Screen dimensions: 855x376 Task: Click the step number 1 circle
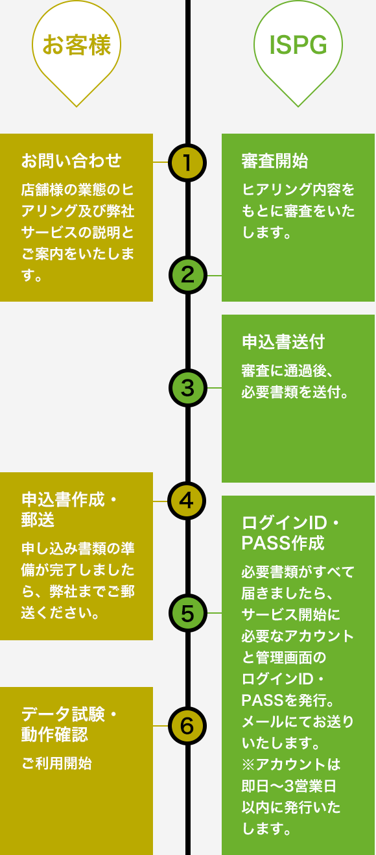pyautogui.click(x=187, y=162)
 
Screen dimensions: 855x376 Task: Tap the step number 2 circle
pyautogui.click(x=187, y=275)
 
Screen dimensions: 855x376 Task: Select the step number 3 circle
pyautogui.click(x=187, y=388)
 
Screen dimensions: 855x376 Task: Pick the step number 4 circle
pyautogui.click(x=187, y=501)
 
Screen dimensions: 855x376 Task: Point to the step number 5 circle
pyautogui.click(x=187, y=613)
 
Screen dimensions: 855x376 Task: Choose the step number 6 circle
pyautogui.click(x=187, y=726)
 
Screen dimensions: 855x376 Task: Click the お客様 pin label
pyautogui.click(x=76, y=45)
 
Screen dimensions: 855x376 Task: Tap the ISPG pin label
pyautogui.click(x=298, y=45)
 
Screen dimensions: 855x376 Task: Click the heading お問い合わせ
pyautogui.click(x=71, y=160)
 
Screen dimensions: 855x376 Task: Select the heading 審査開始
pyautogui.click(x=275, y=161)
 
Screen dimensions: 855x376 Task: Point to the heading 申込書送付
pyautogui.click(x=283, y=342)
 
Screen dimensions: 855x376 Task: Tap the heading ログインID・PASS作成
pyautogui.click(x=290, y=533)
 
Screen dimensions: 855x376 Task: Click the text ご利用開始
pyautogui.click(x=56, y=764)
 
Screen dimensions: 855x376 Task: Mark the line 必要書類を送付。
pyautogui.click(x=296, y=392)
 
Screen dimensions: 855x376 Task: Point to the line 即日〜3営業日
pyautogui.click(x=288, y=786)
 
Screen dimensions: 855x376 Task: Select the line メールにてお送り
pyautogui.click(x=298, y=722)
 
